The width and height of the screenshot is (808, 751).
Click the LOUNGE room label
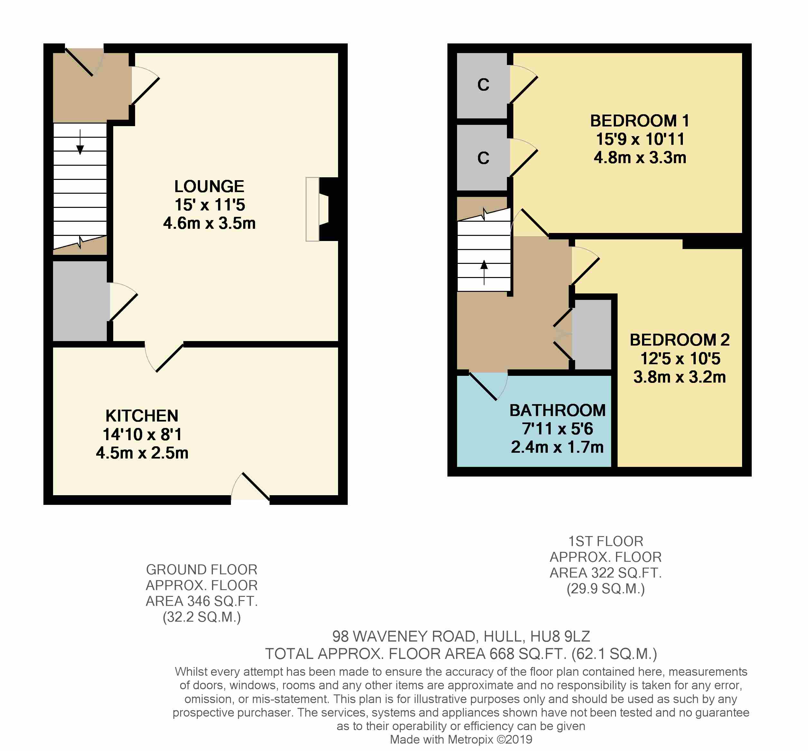click(209, 187)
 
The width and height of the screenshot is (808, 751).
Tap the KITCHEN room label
click(142, 416)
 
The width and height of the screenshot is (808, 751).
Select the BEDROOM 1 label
click(640, 121)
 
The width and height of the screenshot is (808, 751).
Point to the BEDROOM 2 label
click(680, 340)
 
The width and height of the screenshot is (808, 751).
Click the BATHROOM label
click(557, 411)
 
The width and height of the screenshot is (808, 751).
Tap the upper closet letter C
click(483, 85)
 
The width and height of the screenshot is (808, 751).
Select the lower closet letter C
click(483, 158)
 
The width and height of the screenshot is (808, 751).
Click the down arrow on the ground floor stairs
click(80, 142)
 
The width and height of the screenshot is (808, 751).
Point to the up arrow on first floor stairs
click(484, 272)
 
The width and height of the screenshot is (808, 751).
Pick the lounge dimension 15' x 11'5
click(210, 205)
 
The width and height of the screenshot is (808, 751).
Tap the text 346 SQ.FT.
click(222, 601)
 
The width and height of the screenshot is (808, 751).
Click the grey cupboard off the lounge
click(80, 301)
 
